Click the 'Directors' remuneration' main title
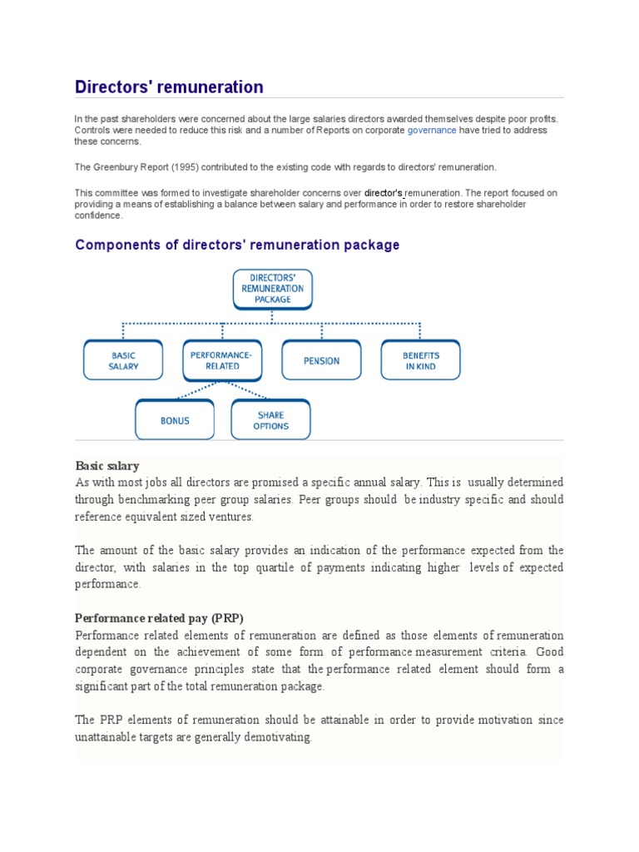click(x=169, y=87)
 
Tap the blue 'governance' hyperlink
click(x=431, y=131)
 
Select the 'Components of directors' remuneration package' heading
click(x=237, y=245)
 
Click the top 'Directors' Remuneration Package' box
click(x=273, y=288)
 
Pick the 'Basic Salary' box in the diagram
click(x=123, y=360)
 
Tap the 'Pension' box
click(x=321, y=361)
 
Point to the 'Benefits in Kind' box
click(x=421, y=360)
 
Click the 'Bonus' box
click(x=175, y=420)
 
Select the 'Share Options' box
click(x=271, y=420)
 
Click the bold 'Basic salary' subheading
click(x=107, y=466)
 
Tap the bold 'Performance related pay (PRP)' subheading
click(x=158, y=618)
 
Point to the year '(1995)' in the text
click(x=166, y=167)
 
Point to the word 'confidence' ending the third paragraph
click(x=98, y=215)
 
